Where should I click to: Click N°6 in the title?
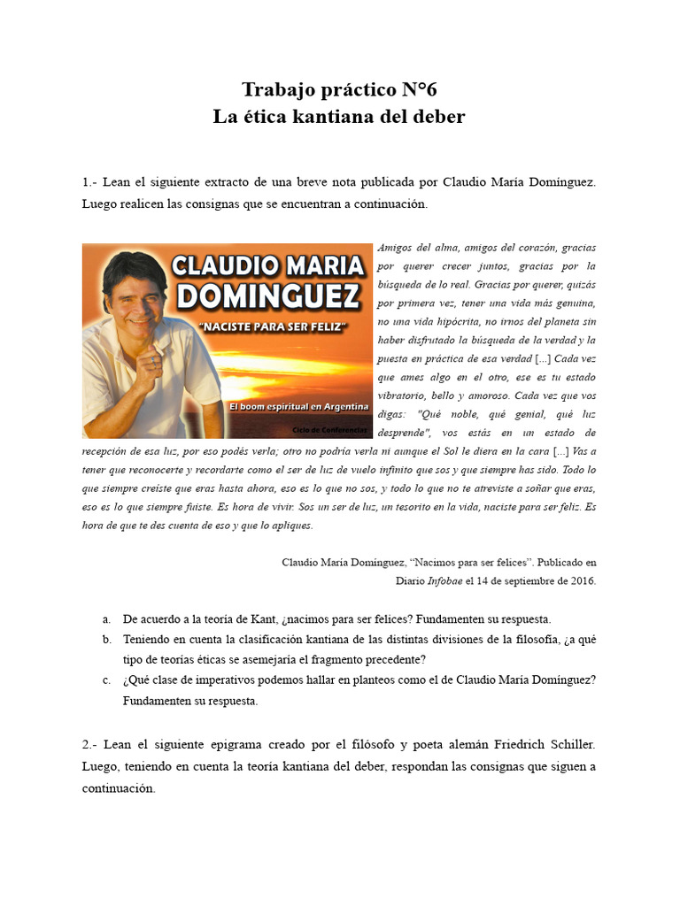pyautogui.click(x=416, y=89)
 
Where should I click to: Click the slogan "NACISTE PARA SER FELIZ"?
pyautogui.click(x=272, y=327)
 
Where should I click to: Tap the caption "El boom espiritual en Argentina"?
pyautogui.click(x=298, y=405)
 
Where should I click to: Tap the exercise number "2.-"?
pyautogui.click(x=92, y=745)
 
